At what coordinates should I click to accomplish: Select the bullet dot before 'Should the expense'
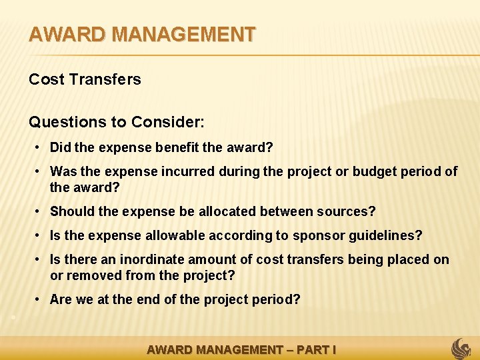click(x=41, y=211)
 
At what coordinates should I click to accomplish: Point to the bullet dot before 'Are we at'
click(x=41, y=299)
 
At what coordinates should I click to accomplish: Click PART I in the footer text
click(x=315, y=349)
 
